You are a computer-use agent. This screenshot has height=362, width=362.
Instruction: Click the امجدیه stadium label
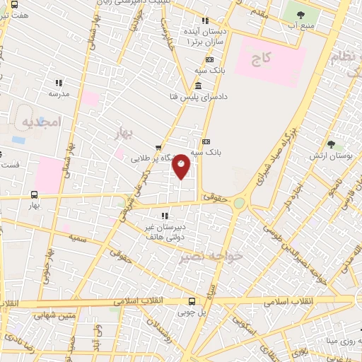point(42,122)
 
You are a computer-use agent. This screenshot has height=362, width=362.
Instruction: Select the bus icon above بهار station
point(34,194)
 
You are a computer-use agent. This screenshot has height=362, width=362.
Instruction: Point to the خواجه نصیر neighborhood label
point(221,256)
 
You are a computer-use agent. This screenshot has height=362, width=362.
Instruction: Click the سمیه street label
point(78,240)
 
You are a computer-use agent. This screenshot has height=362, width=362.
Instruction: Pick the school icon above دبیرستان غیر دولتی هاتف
point(164,216)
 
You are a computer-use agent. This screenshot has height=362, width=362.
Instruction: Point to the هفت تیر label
point(15,14)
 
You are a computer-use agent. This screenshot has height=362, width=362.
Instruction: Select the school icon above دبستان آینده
point(205,21)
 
